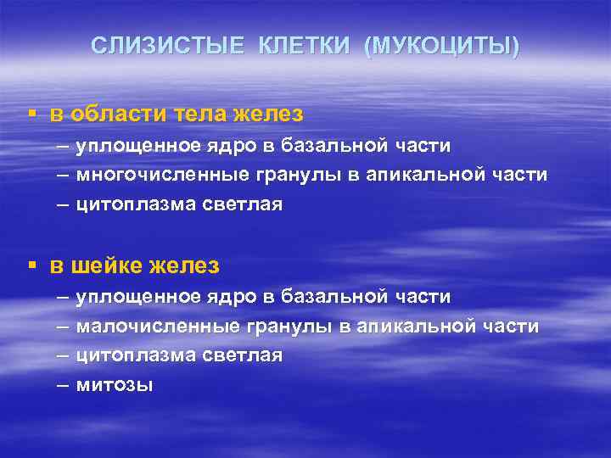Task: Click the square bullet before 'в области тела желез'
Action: coord(31,113)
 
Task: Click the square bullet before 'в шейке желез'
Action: coord(31,265)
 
